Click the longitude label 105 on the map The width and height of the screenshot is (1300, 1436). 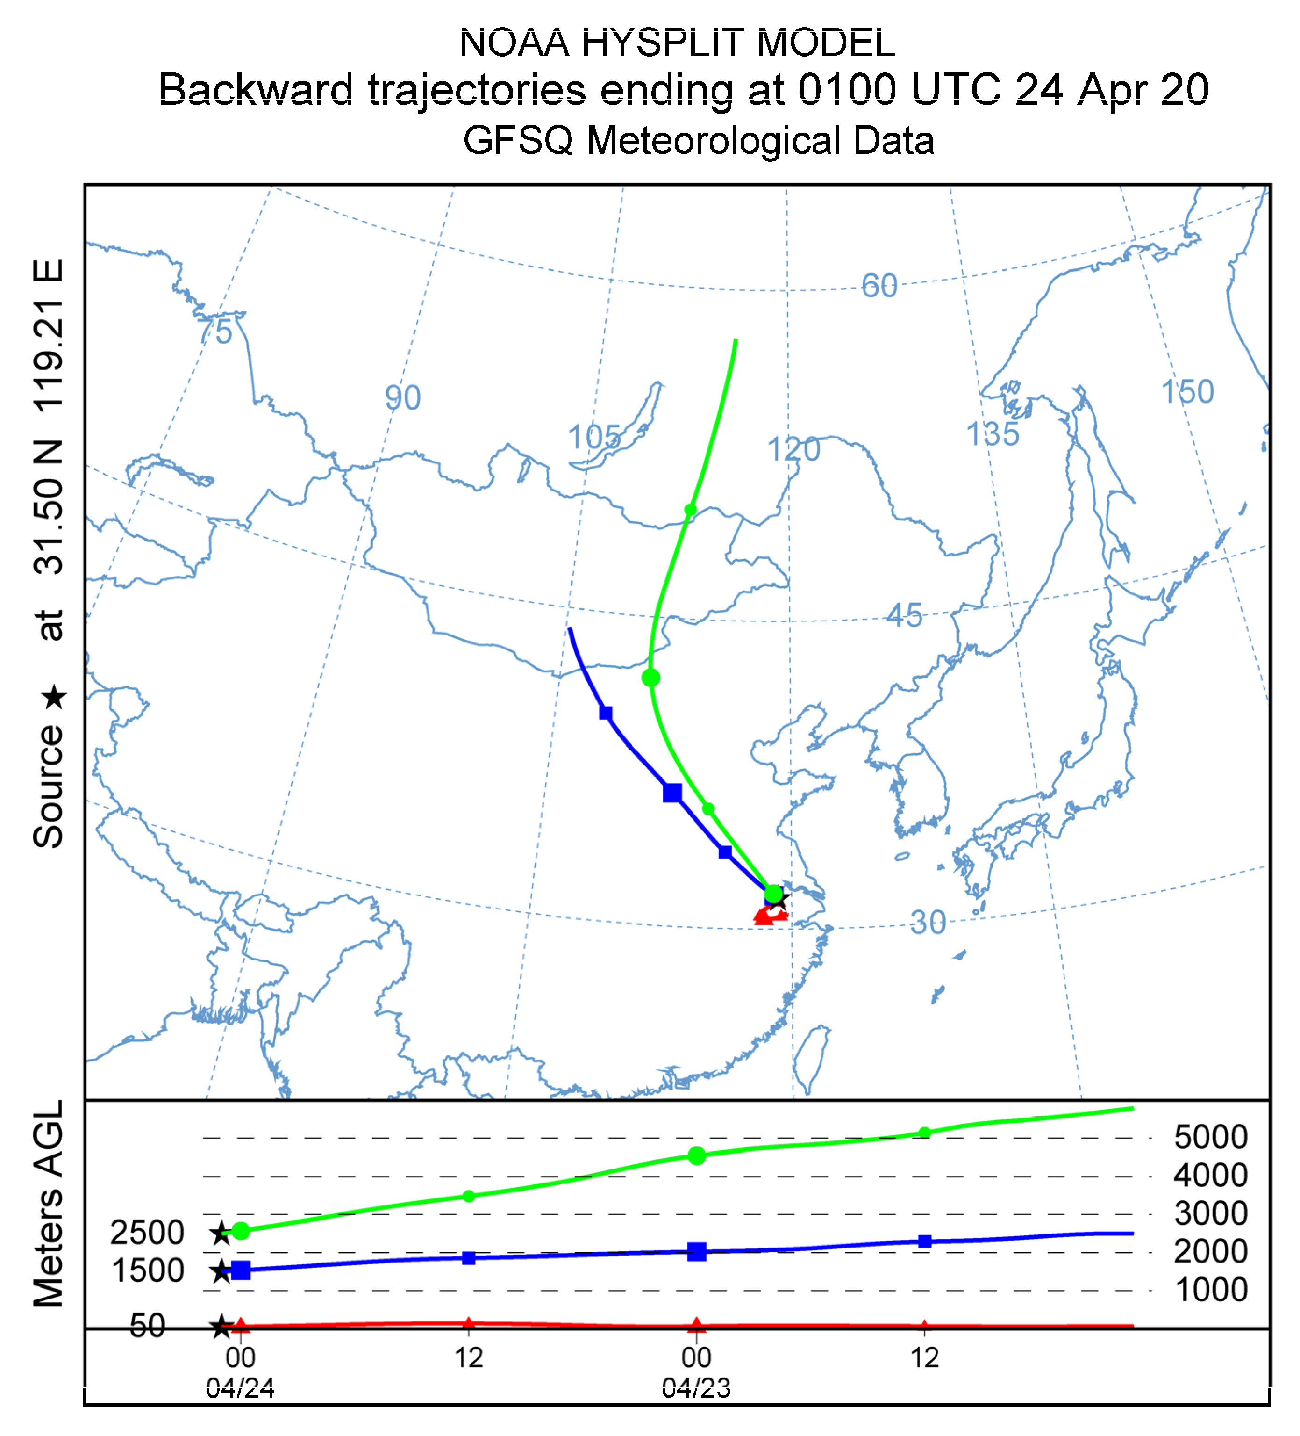[594, 437]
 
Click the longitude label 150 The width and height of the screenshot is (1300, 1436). [1187, 392]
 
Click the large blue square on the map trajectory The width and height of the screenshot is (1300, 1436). [671, 792]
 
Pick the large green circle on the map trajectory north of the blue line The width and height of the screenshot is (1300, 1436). [650, 678]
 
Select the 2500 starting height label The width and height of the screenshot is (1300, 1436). [147, 1232]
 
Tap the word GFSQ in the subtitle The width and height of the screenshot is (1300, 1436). [518, 140]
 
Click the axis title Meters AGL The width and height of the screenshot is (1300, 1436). [49, 1204]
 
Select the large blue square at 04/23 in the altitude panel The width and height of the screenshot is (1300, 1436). [696, 1251]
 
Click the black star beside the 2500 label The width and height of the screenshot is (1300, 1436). [221, 1233]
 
